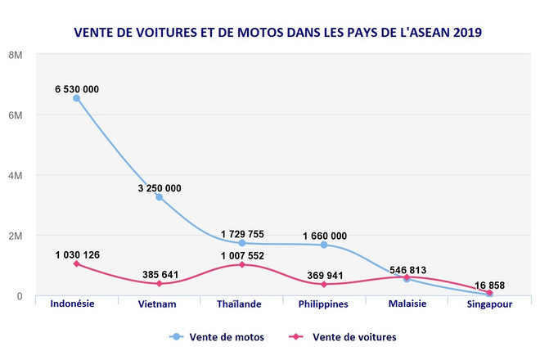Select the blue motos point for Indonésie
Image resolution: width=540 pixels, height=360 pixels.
coord(76,98)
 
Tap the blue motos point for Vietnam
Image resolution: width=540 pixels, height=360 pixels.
coord(159,196)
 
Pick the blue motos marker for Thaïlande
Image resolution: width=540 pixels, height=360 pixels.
coord(241,243)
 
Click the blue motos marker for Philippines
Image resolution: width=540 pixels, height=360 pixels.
coord(324,245)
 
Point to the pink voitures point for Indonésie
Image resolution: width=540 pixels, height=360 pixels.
coord(76,264)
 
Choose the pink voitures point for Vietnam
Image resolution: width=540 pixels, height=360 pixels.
coord(159,284)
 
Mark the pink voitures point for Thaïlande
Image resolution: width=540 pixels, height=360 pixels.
coord(241,265)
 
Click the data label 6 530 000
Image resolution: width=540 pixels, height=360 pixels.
coord(76,88)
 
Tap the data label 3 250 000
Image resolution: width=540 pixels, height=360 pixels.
coord(159,187)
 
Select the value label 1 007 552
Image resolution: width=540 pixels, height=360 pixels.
coord(241,255)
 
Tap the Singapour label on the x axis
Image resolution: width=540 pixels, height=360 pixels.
coord(489,304)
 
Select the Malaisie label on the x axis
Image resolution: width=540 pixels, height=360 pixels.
coord(407,304)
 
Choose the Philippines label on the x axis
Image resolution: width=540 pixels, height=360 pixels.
coord(324,304)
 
